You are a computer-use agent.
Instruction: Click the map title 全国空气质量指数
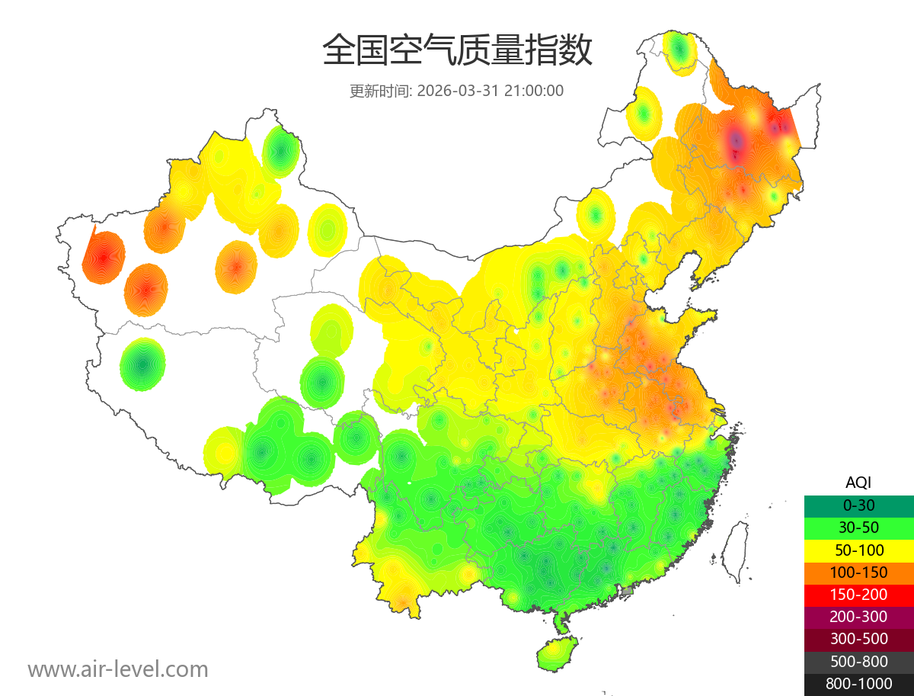coord(457,51)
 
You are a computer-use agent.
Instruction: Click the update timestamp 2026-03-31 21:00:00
coord(491,91)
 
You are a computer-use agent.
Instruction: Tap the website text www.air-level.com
coord(118,669)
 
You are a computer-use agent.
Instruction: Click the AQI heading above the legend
coord(858,482)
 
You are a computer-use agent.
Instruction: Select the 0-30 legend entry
coord(858,505)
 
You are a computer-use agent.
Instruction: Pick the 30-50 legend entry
coord(858,527)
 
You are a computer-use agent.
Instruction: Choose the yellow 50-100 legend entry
coord(858,550)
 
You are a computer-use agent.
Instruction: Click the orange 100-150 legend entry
coord(858,572)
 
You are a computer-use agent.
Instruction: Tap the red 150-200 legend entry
coord(858,594)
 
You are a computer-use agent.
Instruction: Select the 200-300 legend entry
coord(858,617)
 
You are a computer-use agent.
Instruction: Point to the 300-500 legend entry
coord(858,639)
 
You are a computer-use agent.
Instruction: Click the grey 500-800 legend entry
coord(858,661)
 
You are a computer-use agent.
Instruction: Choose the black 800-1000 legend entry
coord(858,684)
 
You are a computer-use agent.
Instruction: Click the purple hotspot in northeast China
coord(736,140)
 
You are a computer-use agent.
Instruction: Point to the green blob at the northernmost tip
coord(679,51)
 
